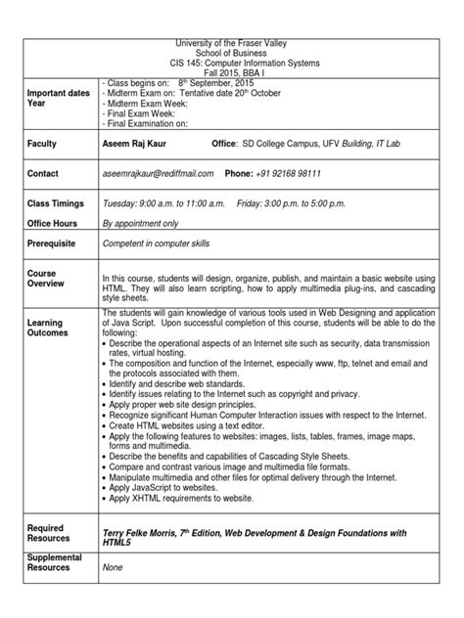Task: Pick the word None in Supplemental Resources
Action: click(115, 566)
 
